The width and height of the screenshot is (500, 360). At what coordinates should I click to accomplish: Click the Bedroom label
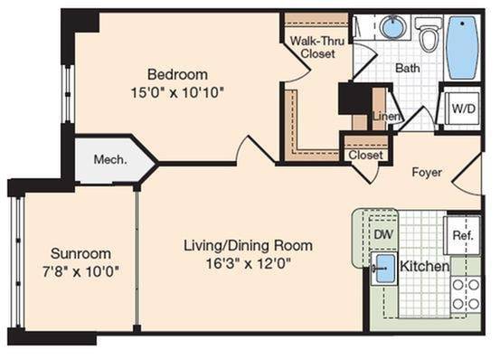pyautogui.click(x=177, y=74)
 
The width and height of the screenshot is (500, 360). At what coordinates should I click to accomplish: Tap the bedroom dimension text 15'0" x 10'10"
pyautogui.click(x=177, y=93)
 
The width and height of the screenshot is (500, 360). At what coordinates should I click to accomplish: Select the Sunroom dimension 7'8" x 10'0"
pyautogui.click(x=81, y=272)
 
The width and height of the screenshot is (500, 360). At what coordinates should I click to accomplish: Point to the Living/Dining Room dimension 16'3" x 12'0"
pyautogui.click(x=248, y=264)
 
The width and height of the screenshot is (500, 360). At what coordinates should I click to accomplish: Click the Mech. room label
pyautogui.click(x=110, y=159)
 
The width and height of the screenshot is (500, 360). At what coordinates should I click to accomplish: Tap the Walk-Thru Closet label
pyautogui.click(x=317, y=47)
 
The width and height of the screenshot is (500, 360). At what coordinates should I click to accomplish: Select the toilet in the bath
pyautogui.click(x=429, y=34)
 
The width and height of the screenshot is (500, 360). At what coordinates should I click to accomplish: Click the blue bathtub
pyautogui.click(x=463, y=48)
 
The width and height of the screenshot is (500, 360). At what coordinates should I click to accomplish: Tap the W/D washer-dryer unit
pyautogui.click(x=463, y=109)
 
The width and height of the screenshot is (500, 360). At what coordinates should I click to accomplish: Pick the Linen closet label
pyautogui.click(x=387, y=116)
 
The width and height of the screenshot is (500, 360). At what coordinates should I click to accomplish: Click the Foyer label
pyautogui.click(x=427, y=172)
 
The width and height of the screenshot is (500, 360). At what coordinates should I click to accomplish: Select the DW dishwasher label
pyautogui.click(x=383, y=234)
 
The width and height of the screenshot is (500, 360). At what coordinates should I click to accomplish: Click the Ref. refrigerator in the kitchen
pyautogui.click(x=462, y=236)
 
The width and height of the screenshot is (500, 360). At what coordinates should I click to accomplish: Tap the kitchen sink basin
pyautogui.click(x=384, y=268)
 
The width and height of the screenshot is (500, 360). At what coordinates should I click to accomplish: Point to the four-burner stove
pyautogui.click(x=466, y=294)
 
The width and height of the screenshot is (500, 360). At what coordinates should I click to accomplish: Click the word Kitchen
pyautogui.click(x=425, y=266)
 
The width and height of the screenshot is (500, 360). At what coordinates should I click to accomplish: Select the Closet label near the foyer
pyautogui.click(x=365, y=156)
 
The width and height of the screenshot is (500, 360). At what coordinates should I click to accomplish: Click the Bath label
pyautogui.click(x=408, y=68)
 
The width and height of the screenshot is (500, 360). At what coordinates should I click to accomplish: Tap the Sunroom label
pyautogui.click(x=81, y=253)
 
